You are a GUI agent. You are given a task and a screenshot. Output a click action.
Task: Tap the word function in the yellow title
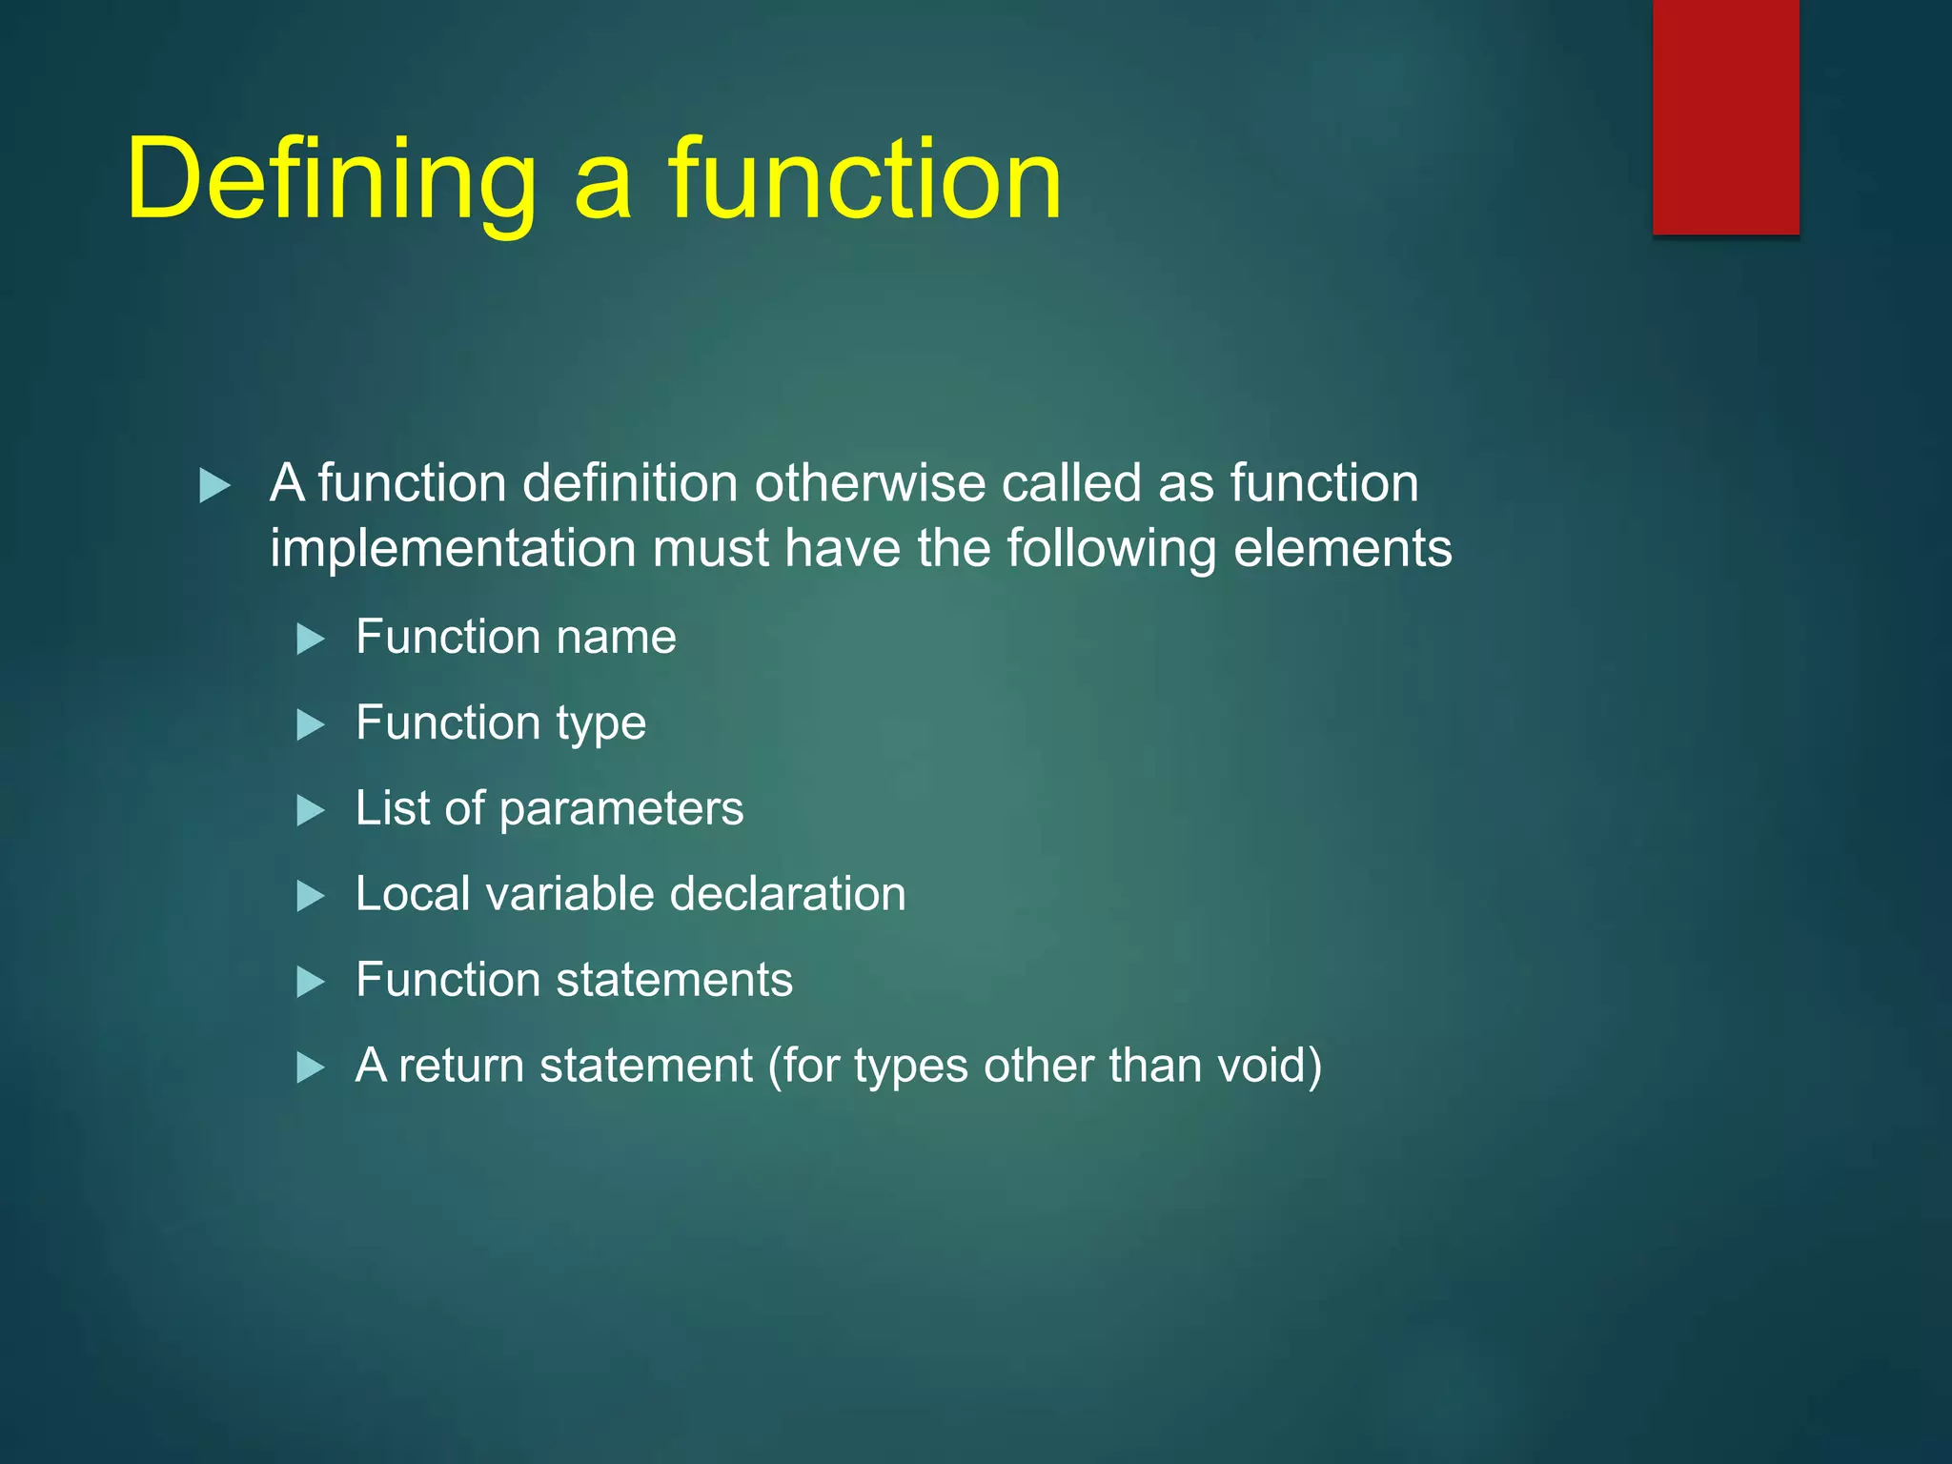pos(864,179)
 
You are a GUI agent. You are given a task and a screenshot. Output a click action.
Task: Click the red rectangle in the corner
pos(1725,116)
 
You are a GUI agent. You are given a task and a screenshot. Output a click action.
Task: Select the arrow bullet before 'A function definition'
pos(214,486)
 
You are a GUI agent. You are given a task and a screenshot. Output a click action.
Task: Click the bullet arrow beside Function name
pos(311,639)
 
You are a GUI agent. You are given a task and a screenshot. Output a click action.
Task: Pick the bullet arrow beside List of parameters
pos(311,811)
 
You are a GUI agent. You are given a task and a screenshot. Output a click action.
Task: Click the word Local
pos(413,894)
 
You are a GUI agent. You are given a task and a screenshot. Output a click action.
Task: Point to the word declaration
pos(787,894)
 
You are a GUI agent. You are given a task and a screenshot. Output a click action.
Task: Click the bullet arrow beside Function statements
pos(311,982)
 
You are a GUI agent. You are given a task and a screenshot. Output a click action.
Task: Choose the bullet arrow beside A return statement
pos(311,1067)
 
